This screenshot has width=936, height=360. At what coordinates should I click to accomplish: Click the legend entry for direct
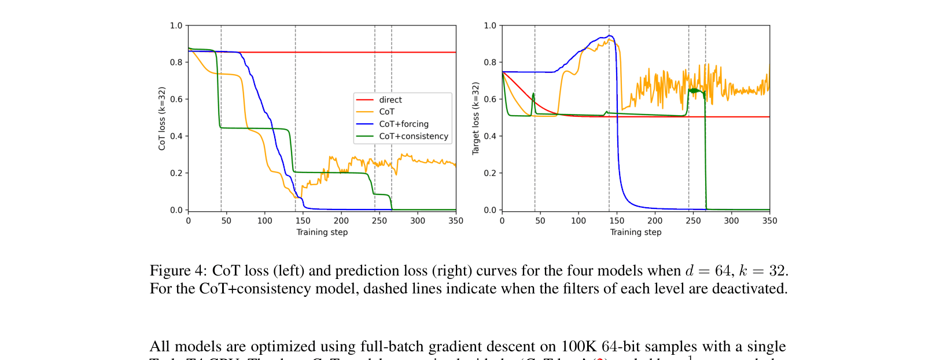coord(390,100)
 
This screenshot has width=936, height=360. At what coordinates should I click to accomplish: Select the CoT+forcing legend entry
coord(403,124)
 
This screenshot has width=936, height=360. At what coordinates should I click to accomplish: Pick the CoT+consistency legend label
coord(413,136)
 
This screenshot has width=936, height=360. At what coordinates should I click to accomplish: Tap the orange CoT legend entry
coord(386,112)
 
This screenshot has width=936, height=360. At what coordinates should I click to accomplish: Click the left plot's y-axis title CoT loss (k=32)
coord(162,119)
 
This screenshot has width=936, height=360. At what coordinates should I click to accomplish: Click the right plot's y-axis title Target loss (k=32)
coord(476,119)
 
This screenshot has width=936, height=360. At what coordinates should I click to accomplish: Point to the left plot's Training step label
coord(322,232)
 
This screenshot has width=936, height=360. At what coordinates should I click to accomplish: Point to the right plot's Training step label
coord(635,232)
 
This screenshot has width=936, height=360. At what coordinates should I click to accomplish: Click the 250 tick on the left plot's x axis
coord(379,221)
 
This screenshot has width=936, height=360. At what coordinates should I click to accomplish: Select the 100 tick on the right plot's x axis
coord(578,221)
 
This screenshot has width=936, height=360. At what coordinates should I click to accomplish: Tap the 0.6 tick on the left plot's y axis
coord(176,99)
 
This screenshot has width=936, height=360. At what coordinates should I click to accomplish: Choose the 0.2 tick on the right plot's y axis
coord(489,173)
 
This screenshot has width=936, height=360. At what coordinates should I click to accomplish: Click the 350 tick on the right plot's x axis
coord(769,221)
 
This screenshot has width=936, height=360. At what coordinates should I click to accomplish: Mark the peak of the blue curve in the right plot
coord(609,36)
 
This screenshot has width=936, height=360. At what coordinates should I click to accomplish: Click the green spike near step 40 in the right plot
coord(533,94)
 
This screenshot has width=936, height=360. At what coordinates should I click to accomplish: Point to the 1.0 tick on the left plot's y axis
coord(176,25)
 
